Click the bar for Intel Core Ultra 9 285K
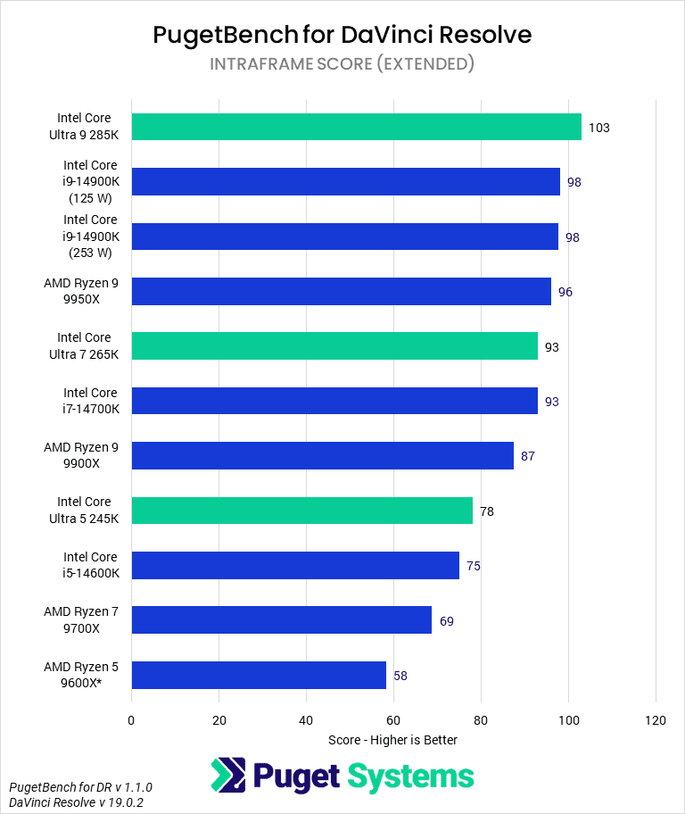(x=356, y=127)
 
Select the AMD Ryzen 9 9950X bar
(x=341, y=291)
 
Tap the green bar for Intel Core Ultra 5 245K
(x=301, y=511)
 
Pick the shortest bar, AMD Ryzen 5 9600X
(x=259, y=675)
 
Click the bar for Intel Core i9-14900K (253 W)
(x=344, y=237)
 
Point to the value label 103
(x=598, y=128)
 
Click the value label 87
(x=528, y=456)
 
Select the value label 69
(x=446, y=620)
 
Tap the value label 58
(x=400, y=676)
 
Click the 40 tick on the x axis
(x=306, y=719)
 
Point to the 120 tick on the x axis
(x=656, y=719)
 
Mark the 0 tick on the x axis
(x=131, y=719)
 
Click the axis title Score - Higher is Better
(x=392, y=740)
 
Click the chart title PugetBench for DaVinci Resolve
(x=342, y=35)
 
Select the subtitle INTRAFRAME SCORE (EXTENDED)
(x=342, y=64)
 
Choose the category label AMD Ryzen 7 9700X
(x=80, y=619)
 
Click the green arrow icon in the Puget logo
(x=228, y=776)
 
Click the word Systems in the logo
(x=410, y=776)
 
